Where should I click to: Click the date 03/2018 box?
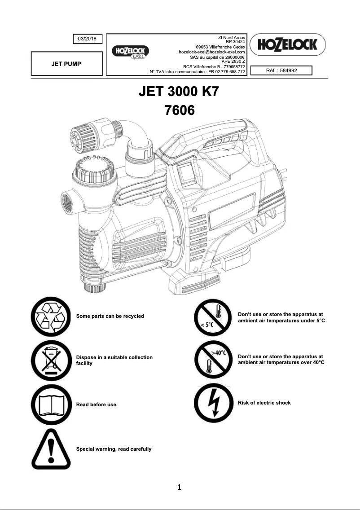click(88, 39)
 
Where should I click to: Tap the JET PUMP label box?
click(66, 64)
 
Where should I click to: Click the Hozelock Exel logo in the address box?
click(131, 53)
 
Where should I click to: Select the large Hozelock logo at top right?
click(288, 44)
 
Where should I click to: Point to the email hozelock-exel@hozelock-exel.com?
click(211, 52)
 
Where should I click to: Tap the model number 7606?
click(180, 110)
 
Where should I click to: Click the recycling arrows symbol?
click(51, 317)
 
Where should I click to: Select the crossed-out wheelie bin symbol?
click(51, 361)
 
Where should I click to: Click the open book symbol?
click(51, 404)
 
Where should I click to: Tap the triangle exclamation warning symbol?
click(51, 448)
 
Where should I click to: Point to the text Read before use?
click(97, 405)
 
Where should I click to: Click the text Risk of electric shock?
click(264, 403)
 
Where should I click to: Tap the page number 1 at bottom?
click(180, 487)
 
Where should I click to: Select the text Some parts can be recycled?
click(110, 316)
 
